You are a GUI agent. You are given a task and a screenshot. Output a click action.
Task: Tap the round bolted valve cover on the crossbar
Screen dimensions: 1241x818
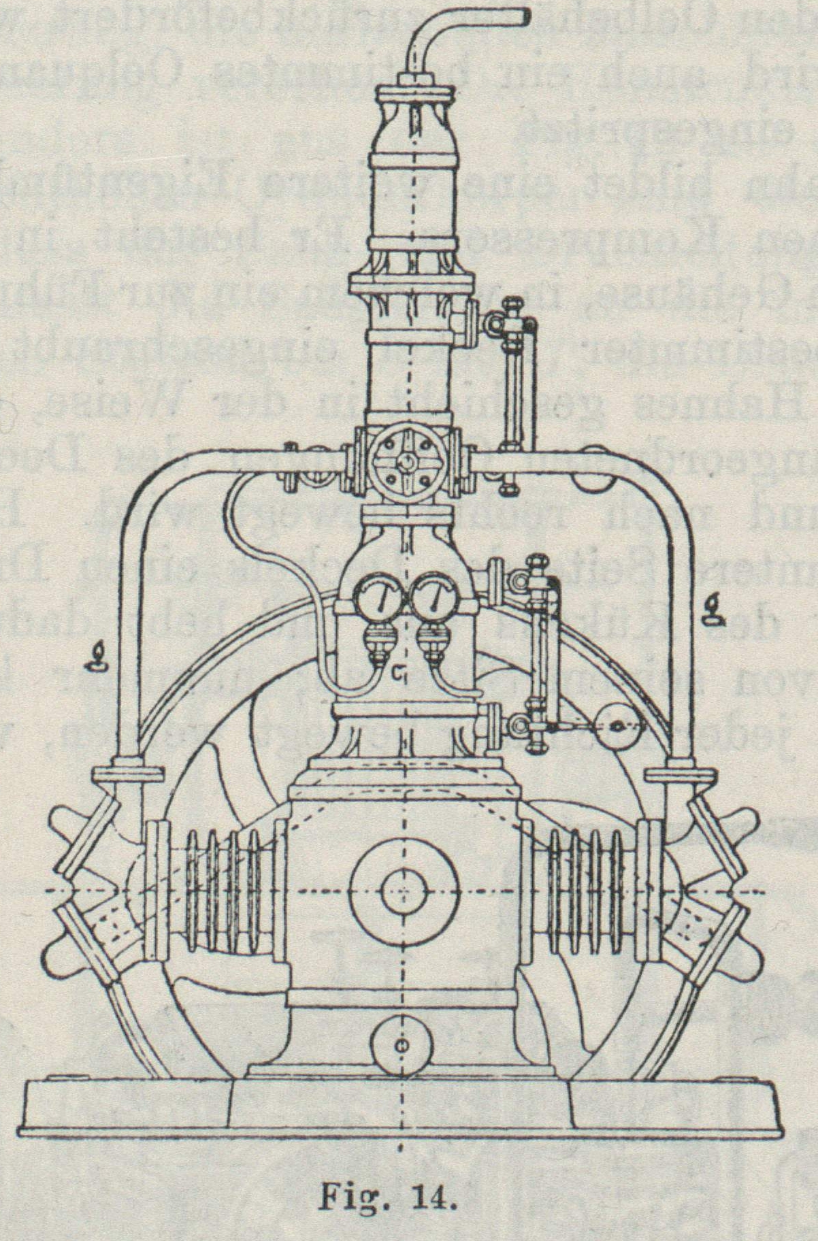click(x=406, y=462)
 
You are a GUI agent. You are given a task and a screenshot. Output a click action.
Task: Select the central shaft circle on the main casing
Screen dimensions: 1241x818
click(x=403, y=891)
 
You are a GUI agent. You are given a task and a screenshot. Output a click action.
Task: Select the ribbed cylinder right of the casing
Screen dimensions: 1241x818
click(x=584, y=891)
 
